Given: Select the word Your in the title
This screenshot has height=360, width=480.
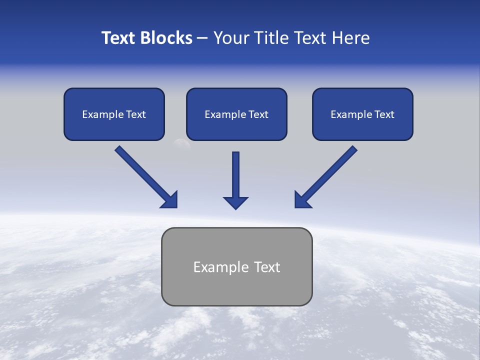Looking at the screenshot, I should click(231, 38).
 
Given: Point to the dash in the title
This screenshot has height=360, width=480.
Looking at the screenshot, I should click(202, 38).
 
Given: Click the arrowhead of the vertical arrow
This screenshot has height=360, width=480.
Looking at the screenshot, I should click(235, 202).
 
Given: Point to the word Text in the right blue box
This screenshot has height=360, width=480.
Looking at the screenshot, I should click(384, 114).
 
